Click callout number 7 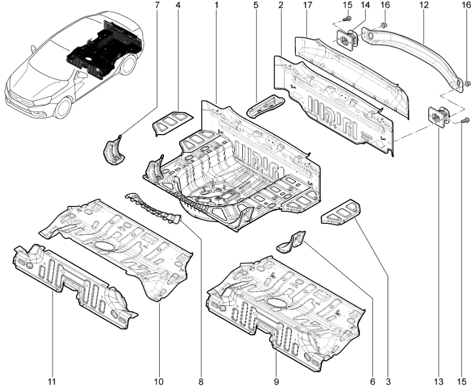(x=157, y=5)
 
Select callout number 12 (x=424, y=5)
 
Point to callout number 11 (x=52, y=381)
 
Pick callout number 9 (x=276, y=381)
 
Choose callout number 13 (x=439, y=381)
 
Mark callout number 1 (x=216, y=5)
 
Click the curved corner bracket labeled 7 (x=114, y=150)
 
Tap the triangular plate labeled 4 (x=172, y=122)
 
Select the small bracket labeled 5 (x=265, y=105)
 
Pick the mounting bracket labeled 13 (x=438, y=117)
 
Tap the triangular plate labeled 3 (x=340, y=212)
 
